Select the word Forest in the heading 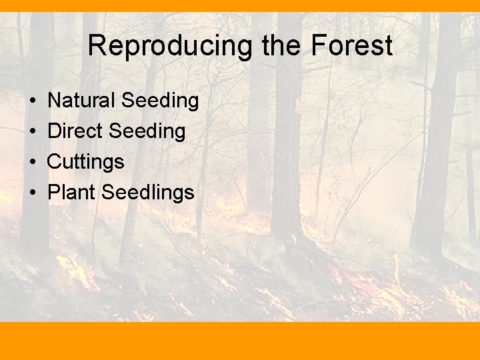pyautogui.click(x=351, y=47)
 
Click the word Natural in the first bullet pyautogui.click(x=81, y=101)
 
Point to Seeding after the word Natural pyautogui.click(x=160, y=101)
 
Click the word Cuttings pyautogui.click(x=86, y=162)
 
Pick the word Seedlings pyautogui.click(x=147, y=193)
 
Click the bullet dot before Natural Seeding pyautogui.click(x=33, y=101)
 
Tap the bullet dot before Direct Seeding pyautogui.click(x=33, y=132)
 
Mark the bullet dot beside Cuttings pyautogui.click(x=33, y=163)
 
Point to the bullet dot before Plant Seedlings pyautogui.click(x=33, y=193)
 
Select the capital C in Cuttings pyautogui.click(x=55, y=162)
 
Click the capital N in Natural pyautogui.click(x=55, y=101)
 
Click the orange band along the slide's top pyautogui.click(x=240, y=6)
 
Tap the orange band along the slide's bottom pyautogui.click(x=240, y=341)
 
